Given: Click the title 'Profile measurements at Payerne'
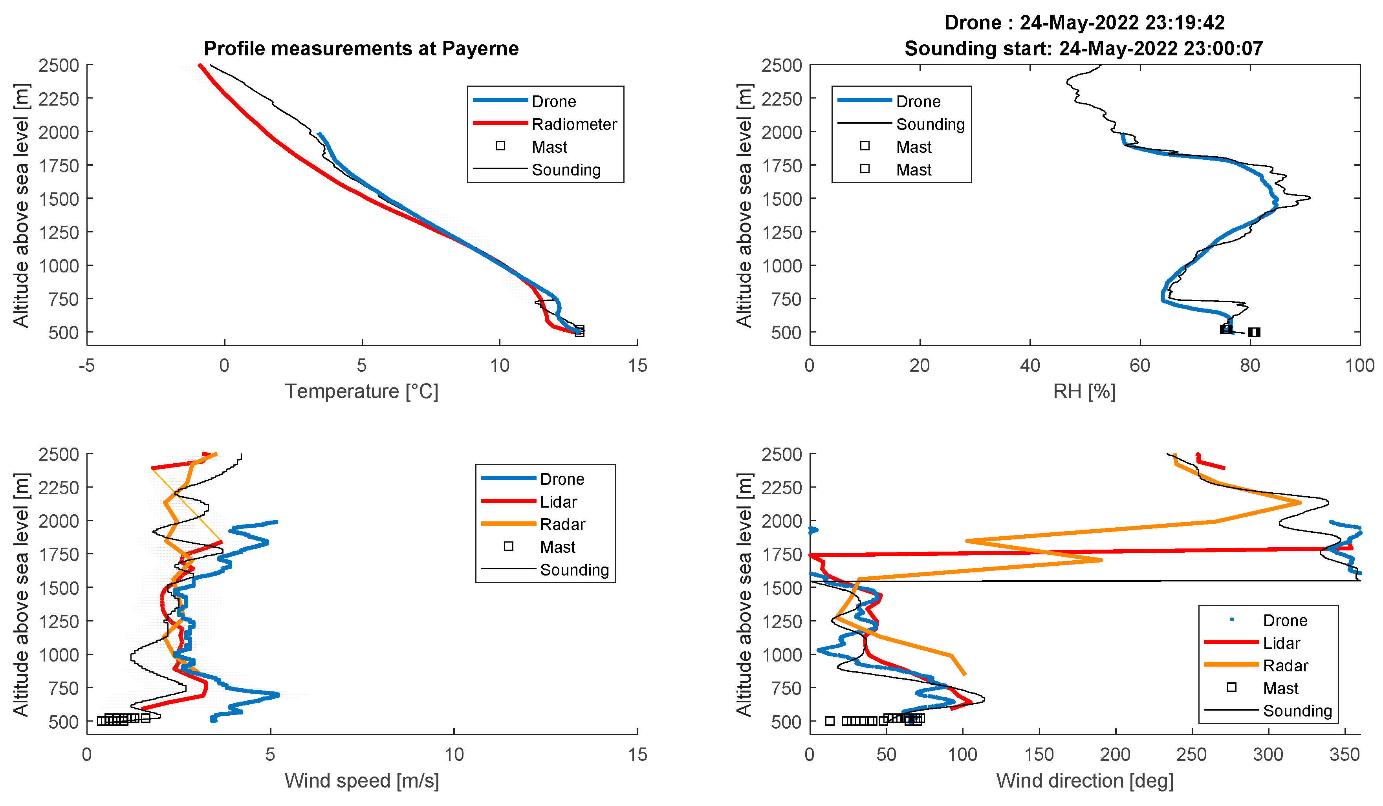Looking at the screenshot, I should point(361,48).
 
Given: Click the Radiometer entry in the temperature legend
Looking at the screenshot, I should point(573,124).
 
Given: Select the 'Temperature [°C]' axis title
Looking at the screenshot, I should point(361,391).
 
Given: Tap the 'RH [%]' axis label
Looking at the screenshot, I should point(1084,391).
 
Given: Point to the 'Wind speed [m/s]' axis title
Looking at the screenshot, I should point(361,780).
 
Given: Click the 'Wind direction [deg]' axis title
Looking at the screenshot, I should point(1084,780).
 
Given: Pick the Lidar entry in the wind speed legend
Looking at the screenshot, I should point(558,501).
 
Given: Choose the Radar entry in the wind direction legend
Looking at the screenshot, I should point(1285,665).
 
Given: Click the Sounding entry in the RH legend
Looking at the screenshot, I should point(930,124).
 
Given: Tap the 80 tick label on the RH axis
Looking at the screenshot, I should point(1249,366).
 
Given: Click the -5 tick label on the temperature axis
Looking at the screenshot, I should point(87,366).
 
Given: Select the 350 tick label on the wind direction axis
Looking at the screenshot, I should point(1344,755).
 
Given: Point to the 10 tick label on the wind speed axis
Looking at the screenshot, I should point(454,755).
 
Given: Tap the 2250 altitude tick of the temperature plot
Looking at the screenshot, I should point(59,99).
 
